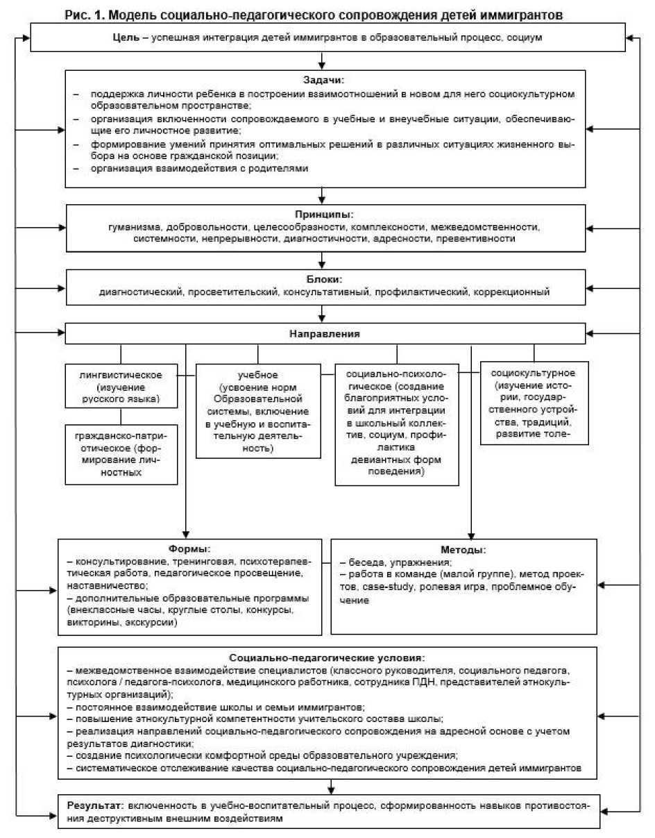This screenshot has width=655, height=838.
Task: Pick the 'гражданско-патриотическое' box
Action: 120,453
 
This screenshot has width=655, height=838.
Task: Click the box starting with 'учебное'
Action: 258,411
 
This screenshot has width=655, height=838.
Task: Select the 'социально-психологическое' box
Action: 396,424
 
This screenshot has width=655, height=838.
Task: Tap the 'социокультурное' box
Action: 534,403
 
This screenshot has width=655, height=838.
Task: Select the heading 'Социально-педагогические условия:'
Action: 325,657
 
